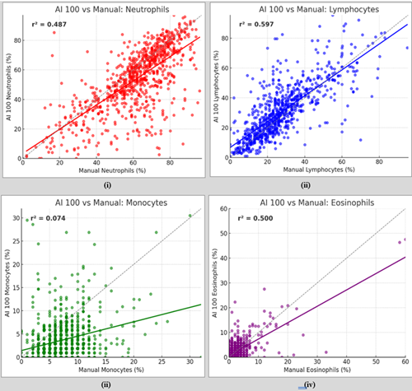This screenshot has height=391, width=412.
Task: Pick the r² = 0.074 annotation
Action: point(49,218)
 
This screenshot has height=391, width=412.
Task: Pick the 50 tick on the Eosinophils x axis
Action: point(376,360)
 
